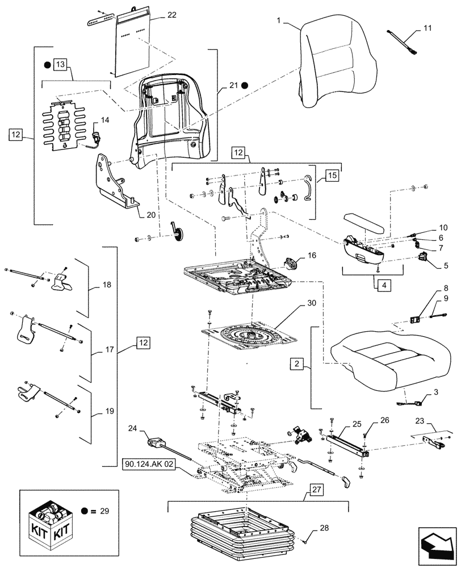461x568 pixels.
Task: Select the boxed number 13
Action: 61,64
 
